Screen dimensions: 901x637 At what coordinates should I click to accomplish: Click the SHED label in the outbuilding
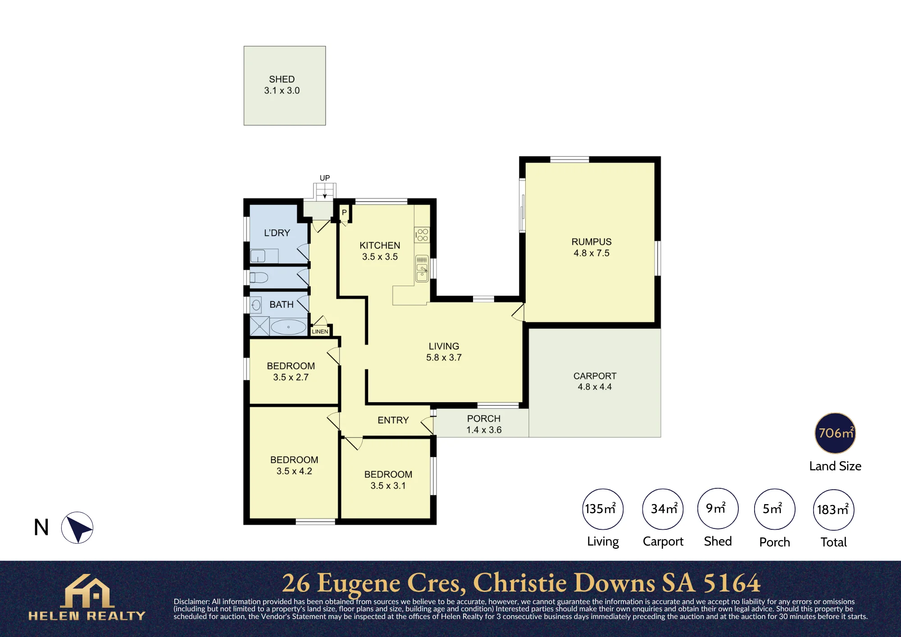tap(282, 79)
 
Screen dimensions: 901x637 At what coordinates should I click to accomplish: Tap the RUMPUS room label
tap(592, 242)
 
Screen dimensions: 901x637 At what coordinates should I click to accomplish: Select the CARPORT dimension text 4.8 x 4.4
tap(595, 387)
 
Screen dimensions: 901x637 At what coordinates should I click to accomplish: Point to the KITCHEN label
tap(380, 246)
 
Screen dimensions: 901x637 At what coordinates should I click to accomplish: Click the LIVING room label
tap(444, 346)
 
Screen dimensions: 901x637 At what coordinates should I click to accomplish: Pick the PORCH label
tap(484, 419)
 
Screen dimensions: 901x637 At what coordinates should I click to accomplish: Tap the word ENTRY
tap(393, 420)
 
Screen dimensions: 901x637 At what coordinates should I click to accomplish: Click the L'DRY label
tap(277, 233)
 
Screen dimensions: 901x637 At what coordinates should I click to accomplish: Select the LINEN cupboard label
tap(320, 332)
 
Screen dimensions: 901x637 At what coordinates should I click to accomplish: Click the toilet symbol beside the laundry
tap(259, 278)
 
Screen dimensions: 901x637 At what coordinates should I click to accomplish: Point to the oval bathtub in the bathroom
tap(288, 327)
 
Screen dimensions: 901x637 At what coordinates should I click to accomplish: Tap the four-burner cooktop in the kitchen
tap(422, 235)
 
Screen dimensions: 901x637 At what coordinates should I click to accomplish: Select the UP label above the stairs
tap(325, 178)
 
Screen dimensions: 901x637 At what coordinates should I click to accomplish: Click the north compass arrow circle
tap(77, 528)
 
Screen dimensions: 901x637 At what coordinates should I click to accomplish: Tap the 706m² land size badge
tap(835, 433)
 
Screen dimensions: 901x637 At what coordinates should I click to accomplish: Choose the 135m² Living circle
tap(603, 509)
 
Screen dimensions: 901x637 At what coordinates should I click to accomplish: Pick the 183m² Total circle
tap(833, 510)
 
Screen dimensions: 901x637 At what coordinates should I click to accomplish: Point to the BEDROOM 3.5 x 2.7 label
tap(291, 372)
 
